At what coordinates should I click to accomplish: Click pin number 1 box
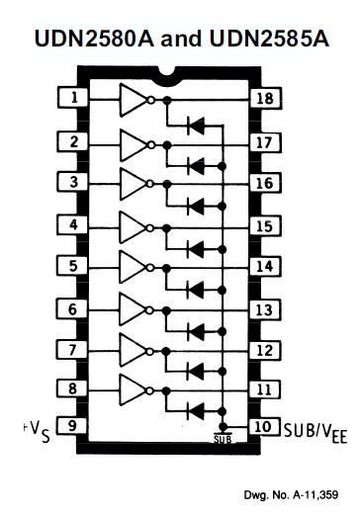[x=73, y=98]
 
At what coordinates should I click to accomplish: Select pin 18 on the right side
[x=262, y=98]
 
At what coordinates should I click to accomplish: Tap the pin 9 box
[x=73, y=426]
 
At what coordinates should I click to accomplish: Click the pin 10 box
[x=262, y=426]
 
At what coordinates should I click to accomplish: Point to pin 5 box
[x=73, y=266]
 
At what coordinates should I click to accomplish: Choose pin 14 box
[x=262, y=266]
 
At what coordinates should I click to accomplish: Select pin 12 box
[x=262, y=349]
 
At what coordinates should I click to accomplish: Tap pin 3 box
[x=73, y=183]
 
